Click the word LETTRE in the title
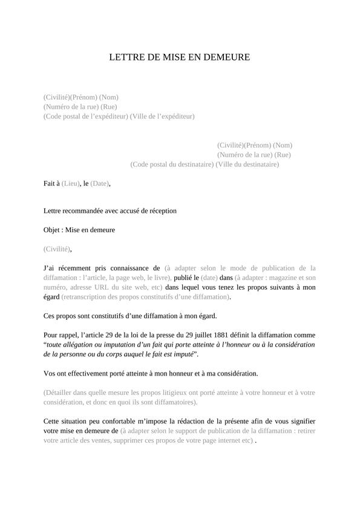(125, 57)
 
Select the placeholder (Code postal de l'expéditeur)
(86, 116)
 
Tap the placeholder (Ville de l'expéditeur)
(162, 116)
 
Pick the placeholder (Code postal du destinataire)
(172, 164)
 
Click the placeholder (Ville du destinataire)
(247, 164)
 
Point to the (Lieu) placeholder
(71, 183)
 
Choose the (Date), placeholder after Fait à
(101, 183)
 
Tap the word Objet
(52, 230)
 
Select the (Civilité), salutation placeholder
(57, 249)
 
